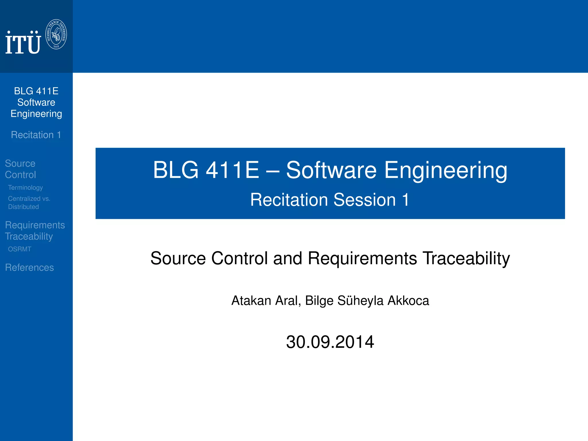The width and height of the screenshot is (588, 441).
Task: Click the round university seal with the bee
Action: [56, 34]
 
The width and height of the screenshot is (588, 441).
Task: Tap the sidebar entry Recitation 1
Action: [36, 135]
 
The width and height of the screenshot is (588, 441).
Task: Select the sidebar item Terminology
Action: [25, 187]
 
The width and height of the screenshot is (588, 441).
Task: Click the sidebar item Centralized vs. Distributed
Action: [29, 202]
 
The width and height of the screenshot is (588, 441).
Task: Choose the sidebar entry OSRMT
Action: [20, 249]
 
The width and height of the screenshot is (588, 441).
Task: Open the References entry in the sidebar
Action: [29, 267]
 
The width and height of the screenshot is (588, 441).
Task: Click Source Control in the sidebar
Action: [20, 169]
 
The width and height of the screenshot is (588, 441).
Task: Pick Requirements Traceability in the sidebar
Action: [35, 231]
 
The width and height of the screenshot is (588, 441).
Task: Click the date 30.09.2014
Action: [330, 342]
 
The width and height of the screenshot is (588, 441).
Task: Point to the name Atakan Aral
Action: [266, 301]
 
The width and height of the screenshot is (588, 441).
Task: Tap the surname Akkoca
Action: [408, 301]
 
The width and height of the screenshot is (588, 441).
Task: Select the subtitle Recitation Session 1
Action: [330, 200]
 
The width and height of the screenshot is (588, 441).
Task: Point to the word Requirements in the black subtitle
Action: [362, 258]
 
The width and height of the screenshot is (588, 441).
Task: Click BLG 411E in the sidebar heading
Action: [36, 91]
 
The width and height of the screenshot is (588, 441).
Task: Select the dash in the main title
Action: [272, 171]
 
